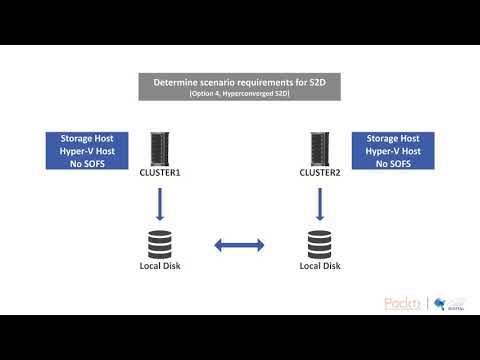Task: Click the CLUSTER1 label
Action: tap(159, 173)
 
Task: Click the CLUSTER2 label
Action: tap(320, 173)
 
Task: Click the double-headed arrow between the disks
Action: tap(239, 244)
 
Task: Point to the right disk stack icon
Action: tap(320, 243)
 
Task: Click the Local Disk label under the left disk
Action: tap(159, 265)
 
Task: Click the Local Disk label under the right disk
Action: tap(320, 265)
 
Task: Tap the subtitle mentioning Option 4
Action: tap(239, 93)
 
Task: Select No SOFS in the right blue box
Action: tap(396, 162)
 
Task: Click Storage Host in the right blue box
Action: tap(396, 138)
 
